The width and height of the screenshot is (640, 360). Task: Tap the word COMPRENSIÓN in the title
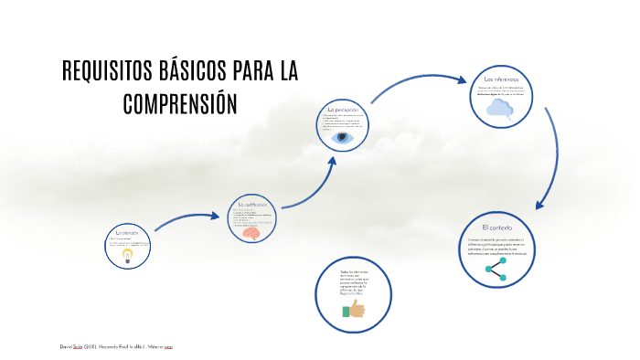180,103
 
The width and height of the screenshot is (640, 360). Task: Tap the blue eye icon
342,138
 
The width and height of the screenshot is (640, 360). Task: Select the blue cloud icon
499,109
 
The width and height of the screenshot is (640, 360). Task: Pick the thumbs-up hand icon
354,310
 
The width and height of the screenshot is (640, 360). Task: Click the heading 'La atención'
127,233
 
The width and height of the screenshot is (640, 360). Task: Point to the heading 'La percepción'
342,110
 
